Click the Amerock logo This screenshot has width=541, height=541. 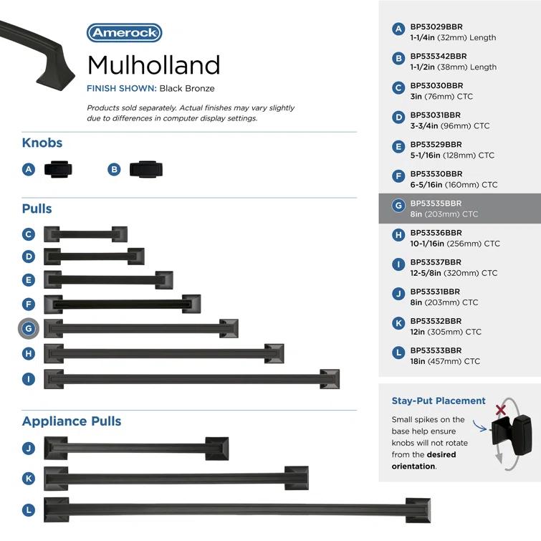[124, 33]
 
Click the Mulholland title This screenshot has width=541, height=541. [153, 65]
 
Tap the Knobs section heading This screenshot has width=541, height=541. [42, 143]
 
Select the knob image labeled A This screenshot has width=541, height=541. [58, 169]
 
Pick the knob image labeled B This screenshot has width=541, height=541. [145, 169]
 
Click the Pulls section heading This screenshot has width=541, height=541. [37, 209]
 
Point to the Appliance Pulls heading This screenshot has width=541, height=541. [72, 421]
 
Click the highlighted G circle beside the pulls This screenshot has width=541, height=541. [29, 329]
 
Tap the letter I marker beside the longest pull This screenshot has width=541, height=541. [29, 378]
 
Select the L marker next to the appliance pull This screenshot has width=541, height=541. [29, 510]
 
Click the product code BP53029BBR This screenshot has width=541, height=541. [436, 27]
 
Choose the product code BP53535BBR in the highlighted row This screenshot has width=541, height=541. [436, 204]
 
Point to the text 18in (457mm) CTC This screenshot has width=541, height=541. [444, 361]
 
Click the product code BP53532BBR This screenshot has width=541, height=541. [436, 321]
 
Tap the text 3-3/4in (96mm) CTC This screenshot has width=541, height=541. [449, 125]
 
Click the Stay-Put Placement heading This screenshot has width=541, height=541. [439, 401]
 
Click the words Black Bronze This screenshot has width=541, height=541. [186, 89]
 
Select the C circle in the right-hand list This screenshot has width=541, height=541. [399, 88]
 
